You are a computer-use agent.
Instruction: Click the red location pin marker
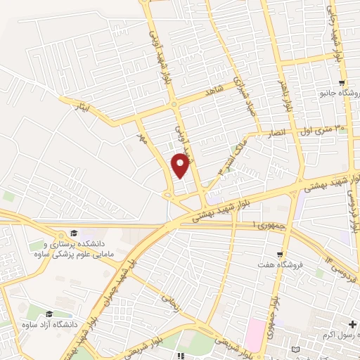coord(181,165)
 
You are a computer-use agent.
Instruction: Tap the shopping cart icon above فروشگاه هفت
coord(281,254)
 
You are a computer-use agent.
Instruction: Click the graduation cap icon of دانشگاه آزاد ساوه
coord(49,314)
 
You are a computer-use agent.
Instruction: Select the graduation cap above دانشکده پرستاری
coord(74,233)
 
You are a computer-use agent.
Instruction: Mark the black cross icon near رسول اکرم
coord(352,325)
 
